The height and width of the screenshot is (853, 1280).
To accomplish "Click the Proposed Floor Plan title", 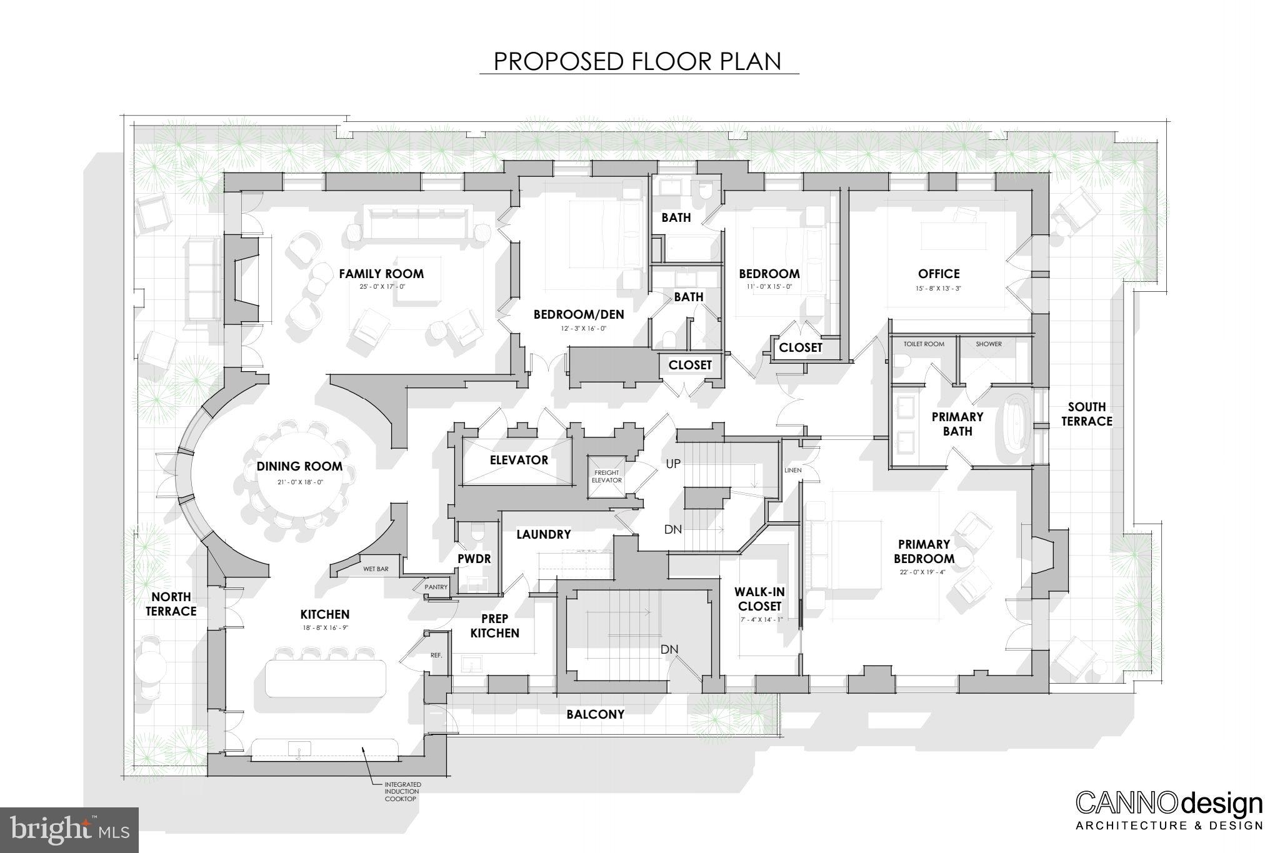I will [638, 61].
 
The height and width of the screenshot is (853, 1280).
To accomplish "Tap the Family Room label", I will [381, 274].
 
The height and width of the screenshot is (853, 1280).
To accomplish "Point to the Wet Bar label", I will [376, 569].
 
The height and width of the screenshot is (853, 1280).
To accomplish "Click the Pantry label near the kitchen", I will [436, 587].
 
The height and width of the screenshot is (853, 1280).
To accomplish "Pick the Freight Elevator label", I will [607, 476].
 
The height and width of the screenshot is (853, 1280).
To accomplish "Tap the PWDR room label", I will [474, 559].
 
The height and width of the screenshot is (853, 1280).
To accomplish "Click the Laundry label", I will [543, 534].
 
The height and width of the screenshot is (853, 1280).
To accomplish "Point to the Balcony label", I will [595, 714].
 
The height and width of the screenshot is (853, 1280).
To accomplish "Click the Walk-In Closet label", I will [759, 599].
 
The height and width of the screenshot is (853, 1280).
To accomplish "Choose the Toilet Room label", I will [924, 344].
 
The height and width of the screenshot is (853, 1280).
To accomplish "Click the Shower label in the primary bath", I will [989, 344].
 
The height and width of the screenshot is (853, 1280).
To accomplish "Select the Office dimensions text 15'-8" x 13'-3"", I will [939, 289].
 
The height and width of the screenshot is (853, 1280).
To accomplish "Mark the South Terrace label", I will [1087, 414].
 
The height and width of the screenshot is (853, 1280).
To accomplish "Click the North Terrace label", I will [171, 604].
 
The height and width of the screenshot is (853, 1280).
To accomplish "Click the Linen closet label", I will [792, 470].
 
